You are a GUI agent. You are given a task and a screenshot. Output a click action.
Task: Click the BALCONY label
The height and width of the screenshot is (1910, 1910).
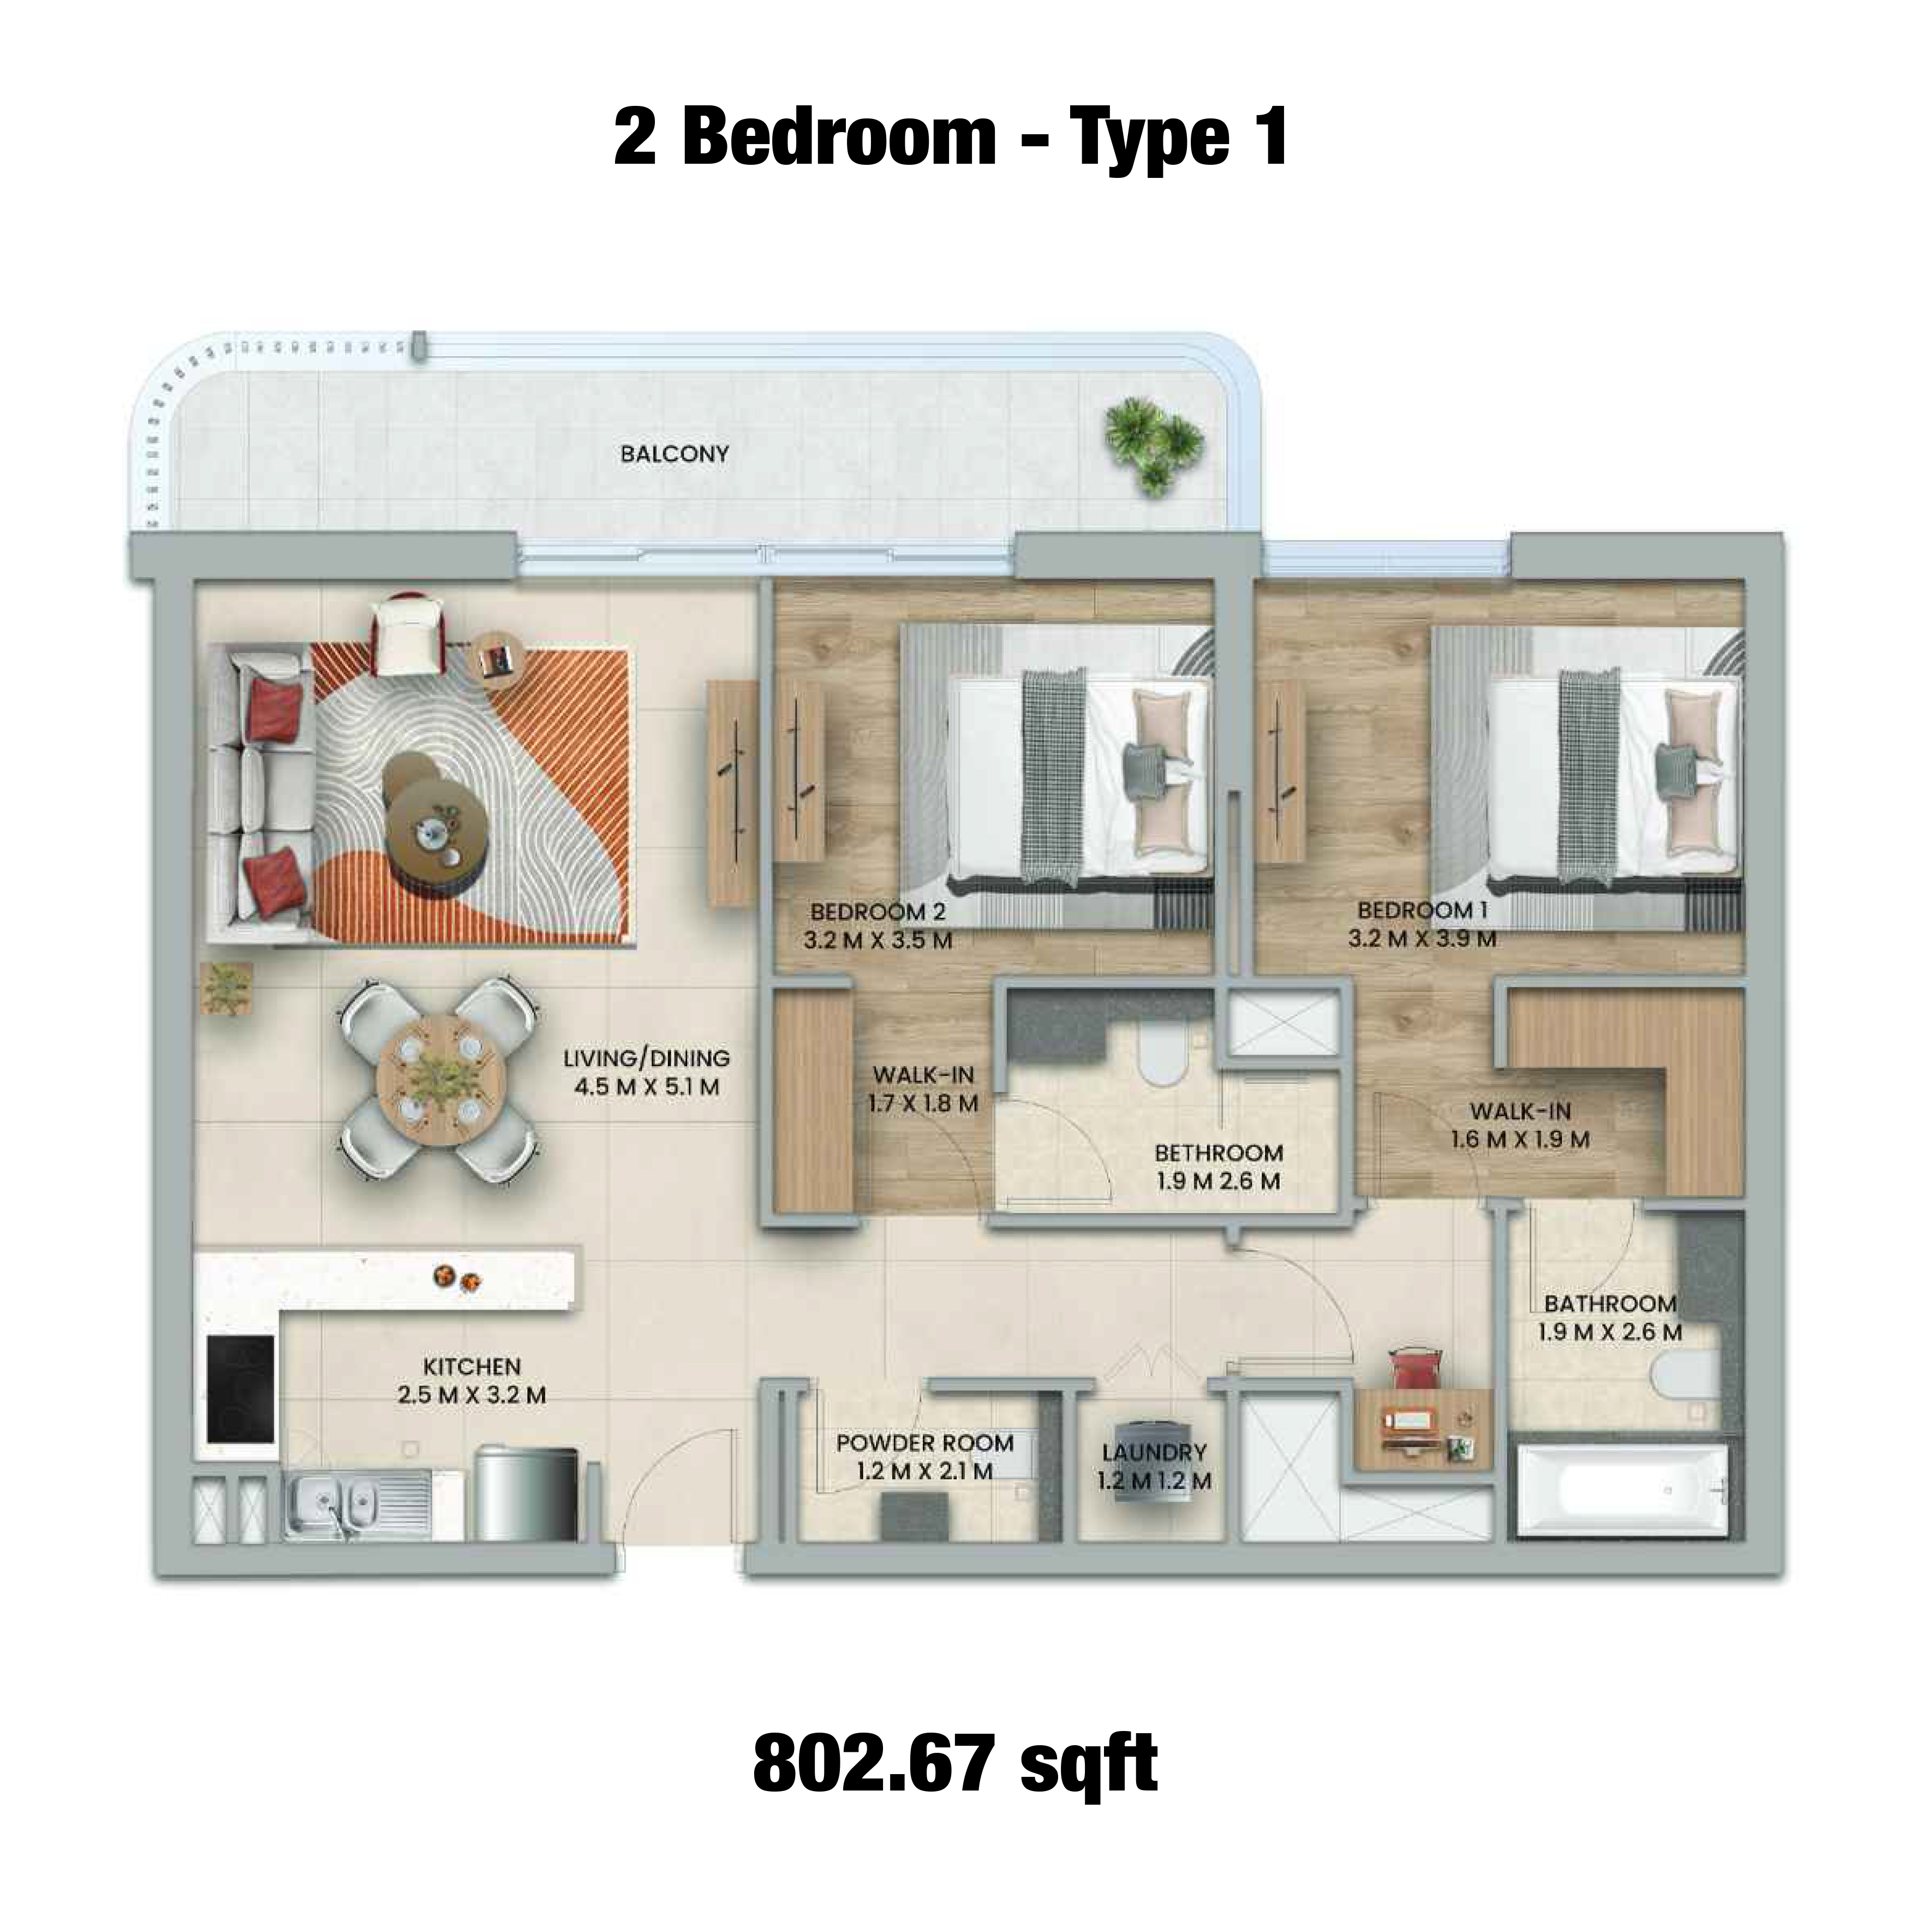(x=675, y=455)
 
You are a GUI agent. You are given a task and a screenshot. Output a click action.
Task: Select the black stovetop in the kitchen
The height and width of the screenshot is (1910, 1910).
(x=240, y=1390)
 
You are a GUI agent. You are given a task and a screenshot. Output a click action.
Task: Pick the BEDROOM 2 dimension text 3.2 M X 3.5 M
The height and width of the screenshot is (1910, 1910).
(x=878, y=940)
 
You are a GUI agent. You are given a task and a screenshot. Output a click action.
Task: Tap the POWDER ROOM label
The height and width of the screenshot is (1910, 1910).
(x=924, y=1443)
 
